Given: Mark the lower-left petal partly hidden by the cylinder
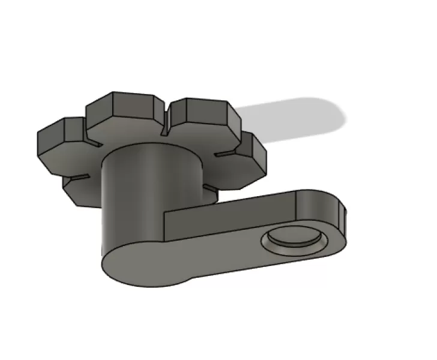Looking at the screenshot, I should tap(81, 189).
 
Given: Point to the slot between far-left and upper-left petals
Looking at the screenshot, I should tap(93, 144).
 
